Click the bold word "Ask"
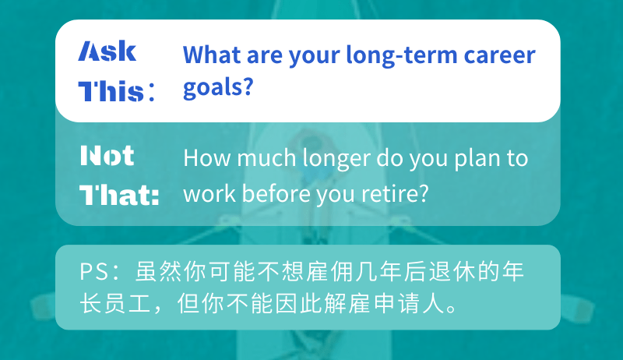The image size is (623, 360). pos(107,51)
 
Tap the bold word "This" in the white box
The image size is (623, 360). pos(111,91)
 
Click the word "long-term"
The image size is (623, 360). pos(402,55)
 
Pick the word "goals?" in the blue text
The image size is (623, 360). pos(218,87)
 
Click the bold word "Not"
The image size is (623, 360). pos(107,155)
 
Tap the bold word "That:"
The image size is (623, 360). pos(120,195)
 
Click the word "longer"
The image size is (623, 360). pos(336,159)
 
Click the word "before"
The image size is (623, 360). pos(276,193)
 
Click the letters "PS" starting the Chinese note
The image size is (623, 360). pos(93,272)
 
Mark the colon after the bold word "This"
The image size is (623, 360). pos(151,92)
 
